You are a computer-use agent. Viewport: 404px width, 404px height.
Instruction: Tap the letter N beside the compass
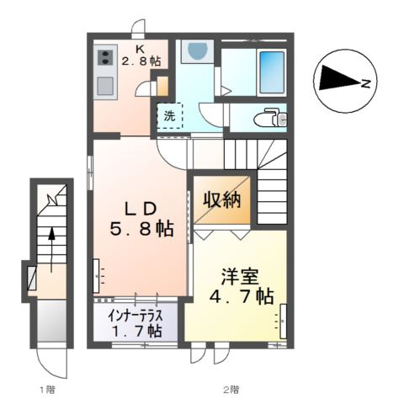[x=367, y=82]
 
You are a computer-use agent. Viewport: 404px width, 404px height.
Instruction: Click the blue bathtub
[x=271, y=72]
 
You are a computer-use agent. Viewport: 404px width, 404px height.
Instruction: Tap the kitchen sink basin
[x=106, y=85]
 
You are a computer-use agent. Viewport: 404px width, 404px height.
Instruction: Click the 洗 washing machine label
[x=169, y=115]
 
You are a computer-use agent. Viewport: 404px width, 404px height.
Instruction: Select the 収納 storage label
[x=222, y=200]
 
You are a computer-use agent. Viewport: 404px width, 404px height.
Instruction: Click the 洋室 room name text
[x=235, y=275]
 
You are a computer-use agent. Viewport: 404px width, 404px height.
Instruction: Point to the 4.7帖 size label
[x=242, y=297]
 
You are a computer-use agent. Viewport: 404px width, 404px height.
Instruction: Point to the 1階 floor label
[x=46, y=389]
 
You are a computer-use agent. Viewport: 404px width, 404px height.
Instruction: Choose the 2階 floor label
[x=231, y=389]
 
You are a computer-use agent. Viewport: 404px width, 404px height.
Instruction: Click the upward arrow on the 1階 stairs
[x=52, y=244]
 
